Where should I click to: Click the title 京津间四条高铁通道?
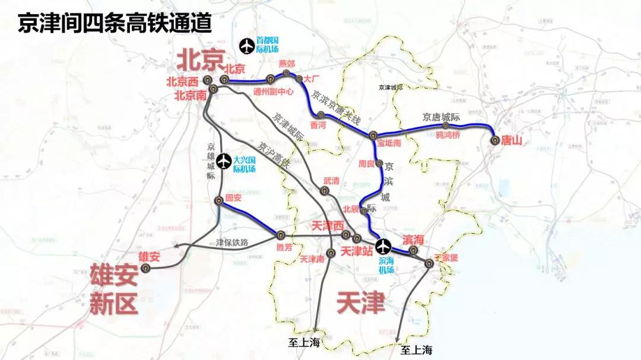tap(115, 23)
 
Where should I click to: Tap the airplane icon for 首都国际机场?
tap(245, 45)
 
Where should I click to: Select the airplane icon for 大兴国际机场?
tap(224, 160)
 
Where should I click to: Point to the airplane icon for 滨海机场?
tap(385, 245)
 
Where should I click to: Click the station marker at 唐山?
tap(494, 141)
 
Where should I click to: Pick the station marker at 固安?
tap(219, 200)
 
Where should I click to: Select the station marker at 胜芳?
tap(281, 235)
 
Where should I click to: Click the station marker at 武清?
tap(324, 191)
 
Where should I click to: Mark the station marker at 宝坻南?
tap(373, 135)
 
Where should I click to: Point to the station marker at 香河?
tap(321, 115)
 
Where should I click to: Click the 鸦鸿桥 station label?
tap(448, 135)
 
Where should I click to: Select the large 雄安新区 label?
tap(113, 289)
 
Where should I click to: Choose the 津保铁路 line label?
tap(231, 243)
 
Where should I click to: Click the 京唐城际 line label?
tap(442, 117)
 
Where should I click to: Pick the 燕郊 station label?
tap(287, 64)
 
